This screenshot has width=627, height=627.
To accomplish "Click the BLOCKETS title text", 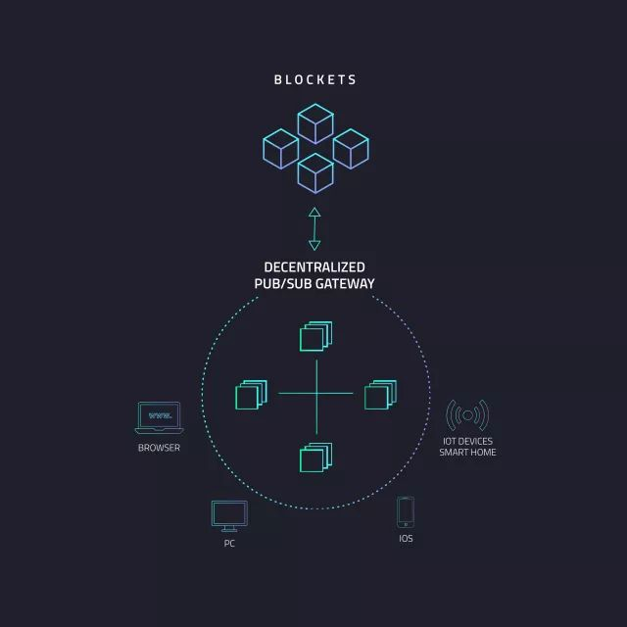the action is coord(315,79).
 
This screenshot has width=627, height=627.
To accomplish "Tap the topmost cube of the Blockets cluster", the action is coord(315,124).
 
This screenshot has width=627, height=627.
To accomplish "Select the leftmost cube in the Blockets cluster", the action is coord(280,148).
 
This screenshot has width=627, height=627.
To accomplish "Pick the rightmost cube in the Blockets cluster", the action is coord(351,148).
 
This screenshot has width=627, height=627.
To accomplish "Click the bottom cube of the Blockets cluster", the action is coord(315,172).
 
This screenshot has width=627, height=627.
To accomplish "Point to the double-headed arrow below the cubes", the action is coord(314,228).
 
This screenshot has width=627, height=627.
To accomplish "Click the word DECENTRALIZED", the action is coord(314,266).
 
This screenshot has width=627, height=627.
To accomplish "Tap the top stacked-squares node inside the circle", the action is coord(314,336).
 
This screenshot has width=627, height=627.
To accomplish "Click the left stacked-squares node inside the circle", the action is coord(251,394).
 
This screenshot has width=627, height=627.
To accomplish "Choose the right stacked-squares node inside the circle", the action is coord(379,394).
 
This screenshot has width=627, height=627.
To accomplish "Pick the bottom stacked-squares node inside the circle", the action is coord(314,458).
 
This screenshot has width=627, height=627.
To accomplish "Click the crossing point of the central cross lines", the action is coord(316,394).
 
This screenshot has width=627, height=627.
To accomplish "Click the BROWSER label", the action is coord(159,448).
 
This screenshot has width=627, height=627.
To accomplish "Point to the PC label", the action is coord(229,543).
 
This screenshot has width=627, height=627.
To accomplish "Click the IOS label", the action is coord(406,539).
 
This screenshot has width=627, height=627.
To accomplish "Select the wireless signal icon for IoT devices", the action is coord(467,415).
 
